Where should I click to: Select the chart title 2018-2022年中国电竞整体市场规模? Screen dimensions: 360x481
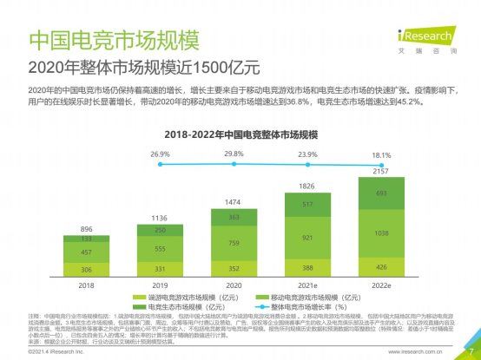[x=240, y=134]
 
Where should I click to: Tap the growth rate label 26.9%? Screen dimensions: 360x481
[x=160, y=154]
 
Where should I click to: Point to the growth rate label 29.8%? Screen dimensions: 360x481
[x=234, y=154]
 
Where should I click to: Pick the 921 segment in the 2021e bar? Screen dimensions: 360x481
[x=307, y=237]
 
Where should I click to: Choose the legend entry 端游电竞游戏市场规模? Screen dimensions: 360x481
[x=181, y=296]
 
